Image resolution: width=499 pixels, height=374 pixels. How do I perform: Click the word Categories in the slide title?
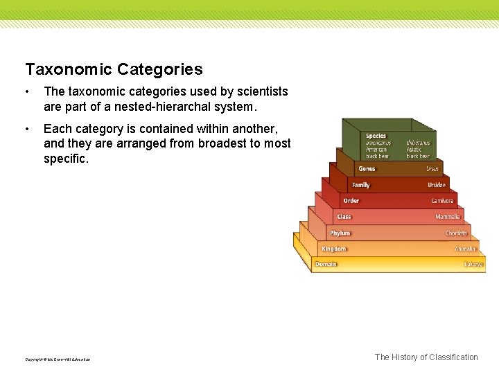click(160, 69)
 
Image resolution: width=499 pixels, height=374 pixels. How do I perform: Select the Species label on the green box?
click(376, 136)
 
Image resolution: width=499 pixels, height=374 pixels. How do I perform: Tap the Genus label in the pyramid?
click(367, 169)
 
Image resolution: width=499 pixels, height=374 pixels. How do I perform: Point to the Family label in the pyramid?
click(361, 185)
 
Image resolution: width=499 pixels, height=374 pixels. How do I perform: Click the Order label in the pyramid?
click(351, 201)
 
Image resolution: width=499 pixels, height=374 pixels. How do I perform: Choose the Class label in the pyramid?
click(344, 217)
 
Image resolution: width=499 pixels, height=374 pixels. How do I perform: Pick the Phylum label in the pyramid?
click(340, 233)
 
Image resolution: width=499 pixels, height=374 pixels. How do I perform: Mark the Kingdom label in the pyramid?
click(333, 249)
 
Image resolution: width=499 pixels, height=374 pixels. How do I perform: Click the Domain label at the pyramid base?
click(326, 265)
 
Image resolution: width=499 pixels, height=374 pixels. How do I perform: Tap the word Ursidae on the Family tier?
click(437, 185)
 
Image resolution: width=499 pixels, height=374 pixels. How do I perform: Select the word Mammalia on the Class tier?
click(447, 217)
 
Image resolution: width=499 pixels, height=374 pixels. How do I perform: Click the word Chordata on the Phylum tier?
click(456, 233)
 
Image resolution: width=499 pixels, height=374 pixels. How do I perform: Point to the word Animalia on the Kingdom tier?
click(464, 249)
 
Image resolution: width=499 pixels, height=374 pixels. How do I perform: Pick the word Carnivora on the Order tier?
click(442, 201)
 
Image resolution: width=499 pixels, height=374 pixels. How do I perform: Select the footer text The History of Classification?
click(426, 357)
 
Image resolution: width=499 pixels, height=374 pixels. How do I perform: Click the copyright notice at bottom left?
click(58, 359)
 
